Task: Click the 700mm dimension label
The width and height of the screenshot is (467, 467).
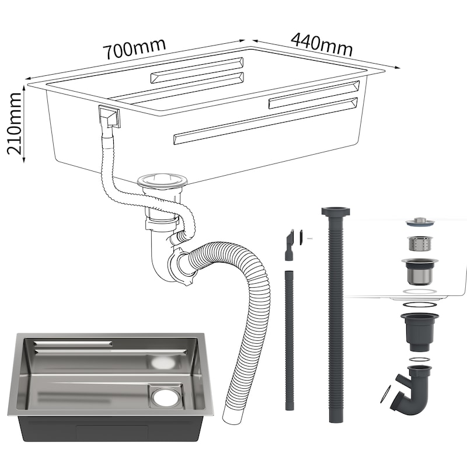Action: tap(134, 48)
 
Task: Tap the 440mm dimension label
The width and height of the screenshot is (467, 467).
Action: tap(322, 44)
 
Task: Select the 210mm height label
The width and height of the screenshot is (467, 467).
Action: tap(14, 123)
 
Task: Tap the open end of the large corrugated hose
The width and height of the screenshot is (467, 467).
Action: tap(230, 416)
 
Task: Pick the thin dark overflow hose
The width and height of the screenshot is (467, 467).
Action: tap(289, 340)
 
